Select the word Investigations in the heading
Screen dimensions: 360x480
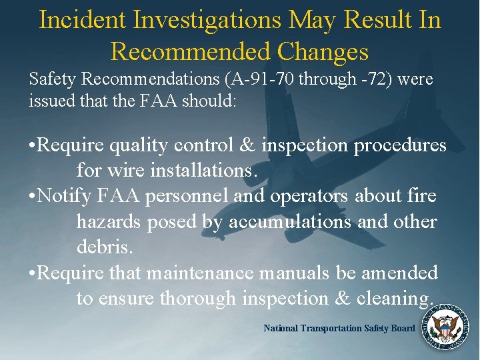[207, 20]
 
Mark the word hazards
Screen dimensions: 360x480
[109, 221]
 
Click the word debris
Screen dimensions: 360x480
[105, 247]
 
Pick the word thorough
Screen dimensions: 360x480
[197, 298]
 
